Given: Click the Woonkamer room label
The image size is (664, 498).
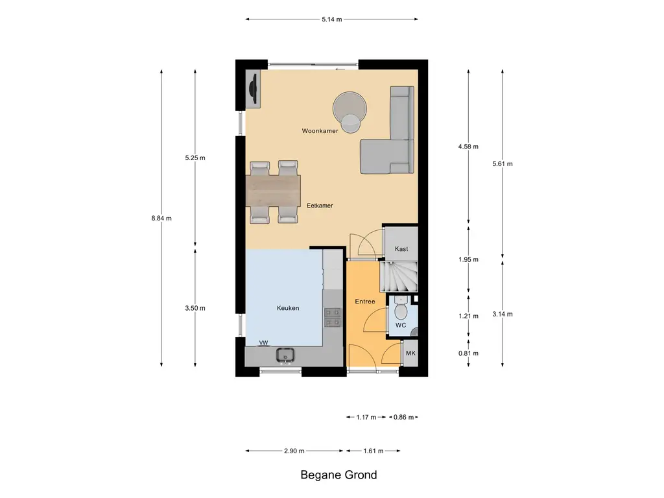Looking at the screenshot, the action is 320,131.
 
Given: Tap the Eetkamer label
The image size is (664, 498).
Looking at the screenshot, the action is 320,206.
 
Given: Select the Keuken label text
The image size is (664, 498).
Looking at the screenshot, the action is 288,308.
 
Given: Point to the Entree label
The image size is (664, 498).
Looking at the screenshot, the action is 365,302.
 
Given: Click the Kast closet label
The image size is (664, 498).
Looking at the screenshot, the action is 401,249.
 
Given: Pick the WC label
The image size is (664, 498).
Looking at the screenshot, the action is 401,326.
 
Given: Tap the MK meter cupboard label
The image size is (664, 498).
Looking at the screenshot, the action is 410,353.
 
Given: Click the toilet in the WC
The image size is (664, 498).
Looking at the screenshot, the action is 401,308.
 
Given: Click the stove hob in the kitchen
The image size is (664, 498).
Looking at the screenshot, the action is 333,318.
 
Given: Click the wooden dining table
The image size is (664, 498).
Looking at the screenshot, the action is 273,189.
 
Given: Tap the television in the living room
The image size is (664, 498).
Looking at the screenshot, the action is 254,88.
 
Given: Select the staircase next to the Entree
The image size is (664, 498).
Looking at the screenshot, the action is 399,277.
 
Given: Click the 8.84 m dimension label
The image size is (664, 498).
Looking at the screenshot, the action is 161,219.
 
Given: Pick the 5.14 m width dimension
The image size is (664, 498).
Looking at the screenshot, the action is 332,19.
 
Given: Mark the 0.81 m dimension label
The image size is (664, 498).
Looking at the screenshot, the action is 468,353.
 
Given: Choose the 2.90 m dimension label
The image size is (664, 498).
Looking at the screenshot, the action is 294,451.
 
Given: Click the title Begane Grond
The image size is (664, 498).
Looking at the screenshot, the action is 338,475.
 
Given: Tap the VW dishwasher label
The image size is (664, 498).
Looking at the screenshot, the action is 263,343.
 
